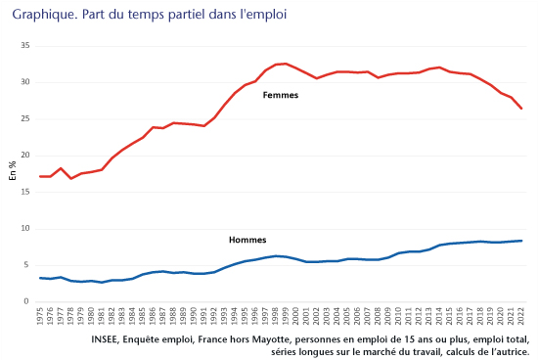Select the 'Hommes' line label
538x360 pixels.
click(247, 240)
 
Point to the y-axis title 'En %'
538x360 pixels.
click(13, 172)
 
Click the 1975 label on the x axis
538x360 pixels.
click(40, 317)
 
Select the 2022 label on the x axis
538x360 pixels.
click(520, 317)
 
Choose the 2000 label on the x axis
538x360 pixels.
click(295, 317)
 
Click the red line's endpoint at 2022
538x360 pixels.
click(520, 109)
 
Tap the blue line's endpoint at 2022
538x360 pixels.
click(520, 241)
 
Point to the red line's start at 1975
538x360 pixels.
click(40, 176)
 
